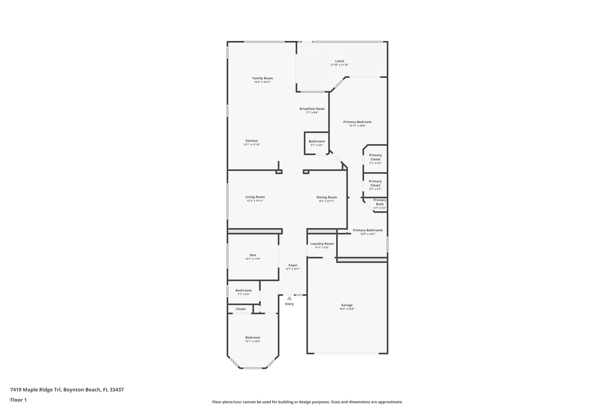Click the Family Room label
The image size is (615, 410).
point(262,78)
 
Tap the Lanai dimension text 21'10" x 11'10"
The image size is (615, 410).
point(339,65)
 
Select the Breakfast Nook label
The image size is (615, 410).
point(312,109)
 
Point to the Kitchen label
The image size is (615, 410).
point(252,141)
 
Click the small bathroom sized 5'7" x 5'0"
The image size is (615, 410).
point(317,143)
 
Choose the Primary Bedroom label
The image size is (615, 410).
point(357,122)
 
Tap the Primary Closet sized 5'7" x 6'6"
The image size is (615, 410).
point(375,159)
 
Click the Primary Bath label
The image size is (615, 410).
point(380,202)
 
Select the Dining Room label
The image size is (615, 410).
point(326,197)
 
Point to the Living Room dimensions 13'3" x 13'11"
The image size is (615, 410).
point(255,201)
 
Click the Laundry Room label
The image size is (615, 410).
point(322,244)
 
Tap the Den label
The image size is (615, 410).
point(253,255)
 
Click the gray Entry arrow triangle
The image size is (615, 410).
point(289,299)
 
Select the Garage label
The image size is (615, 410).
point(347,305)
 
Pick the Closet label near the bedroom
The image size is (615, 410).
point(241,309)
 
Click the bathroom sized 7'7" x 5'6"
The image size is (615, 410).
point(243,292)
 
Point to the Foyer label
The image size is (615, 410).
point(293,265)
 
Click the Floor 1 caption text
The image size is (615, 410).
point(18,400)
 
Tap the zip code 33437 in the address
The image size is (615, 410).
point(117,390)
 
